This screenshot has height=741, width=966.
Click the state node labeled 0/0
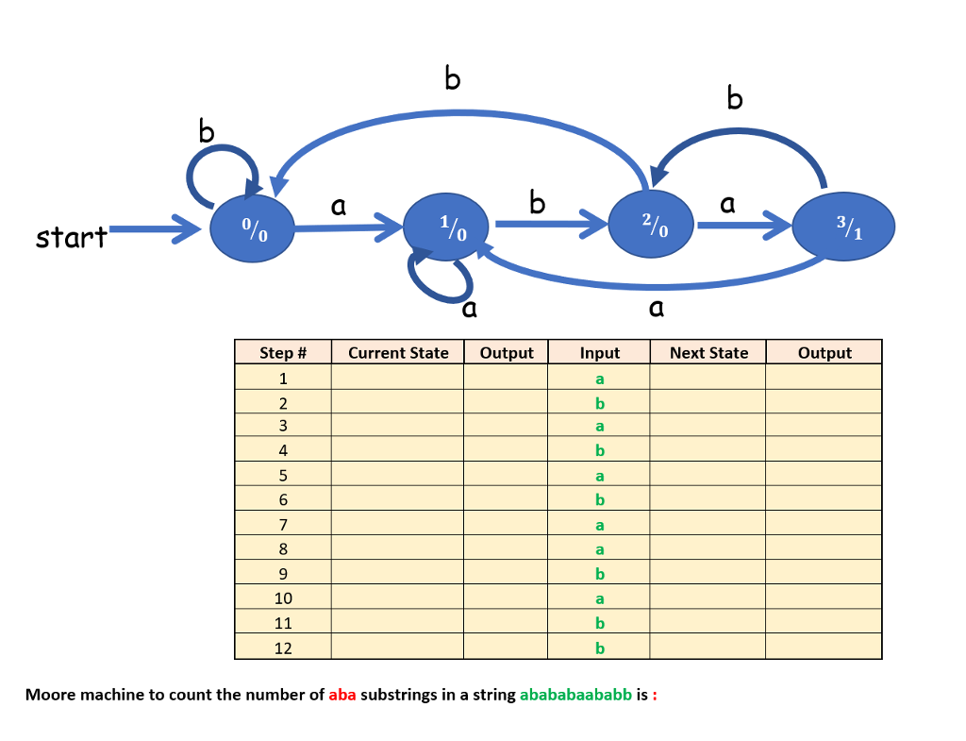pyautogui.click(x=252, y=229)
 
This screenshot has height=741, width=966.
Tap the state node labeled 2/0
pyautogui.click(x=652, y=226)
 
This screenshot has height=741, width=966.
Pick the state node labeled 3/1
pyautogui.click(x=844, y=227)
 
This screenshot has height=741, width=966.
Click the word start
pyautogui.click(x=71, y=237)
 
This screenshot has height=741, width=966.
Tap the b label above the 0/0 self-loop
pyautogui.click(x=207, y=131)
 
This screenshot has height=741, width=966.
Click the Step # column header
pyautogui.click(x=283, y=353)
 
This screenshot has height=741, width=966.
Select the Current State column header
pyautogui.click(x=398, y=353)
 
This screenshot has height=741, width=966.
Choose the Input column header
pyautogui.click(x=599, y=353)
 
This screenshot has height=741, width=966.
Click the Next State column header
pyautogui.click(x=708, y=353)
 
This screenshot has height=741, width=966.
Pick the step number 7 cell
pyautogui.click(x=283, y=525)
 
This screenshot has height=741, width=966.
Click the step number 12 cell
pyautogui.click(x=283, y=648)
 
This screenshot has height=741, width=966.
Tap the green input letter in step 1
pyautogui.click(x=599, y=379)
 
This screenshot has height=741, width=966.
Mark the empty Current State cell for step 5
pyautogui.click(x=397, y=476)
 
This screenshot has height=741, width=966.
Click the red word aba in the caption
pyautogui.click(x=342, y=695)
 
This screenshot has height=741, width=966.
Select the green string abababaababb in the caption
pyautogui.click(x=575, y=695)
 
